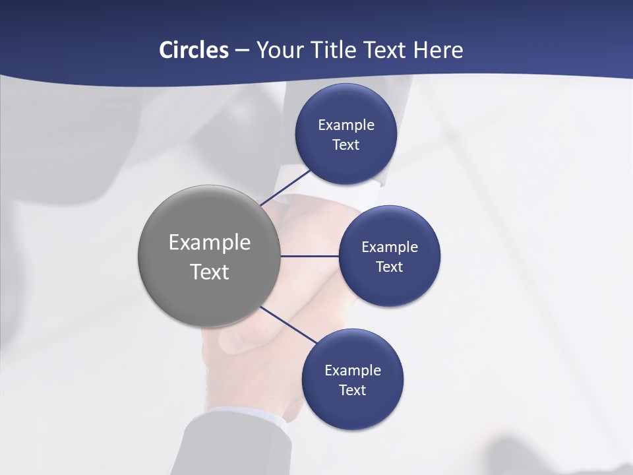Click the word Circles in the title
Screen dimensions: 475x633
click(x=193, y=50)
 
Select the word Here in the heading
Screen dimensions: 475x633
click(x=438, y=50)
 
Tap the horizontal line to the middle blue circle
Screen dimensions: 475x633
click(x=309, y=256)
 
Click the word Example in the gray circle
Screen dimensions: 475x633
click(x=210, y=243)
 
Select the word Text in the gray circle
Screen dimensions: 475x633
click(x=210, y=272)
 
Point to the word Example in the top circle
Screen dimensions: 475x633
click(x=346, y=125)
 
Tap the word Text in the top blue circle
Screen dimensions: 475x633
click(x=346, y=145)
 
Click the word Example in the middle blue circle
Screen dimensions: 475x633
click(x=389, y=247)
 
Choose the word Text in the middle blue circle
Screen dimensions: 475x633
click(x=389, y=267)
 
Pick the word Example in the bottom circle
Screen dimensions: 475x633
click(x=352, y=371)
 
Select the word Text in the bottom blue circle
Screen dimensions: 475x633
click(x=352, y=391)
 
